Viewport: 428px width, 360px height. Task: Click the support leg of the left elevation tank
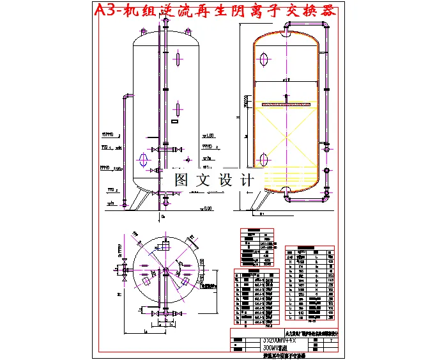[137, 200]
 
